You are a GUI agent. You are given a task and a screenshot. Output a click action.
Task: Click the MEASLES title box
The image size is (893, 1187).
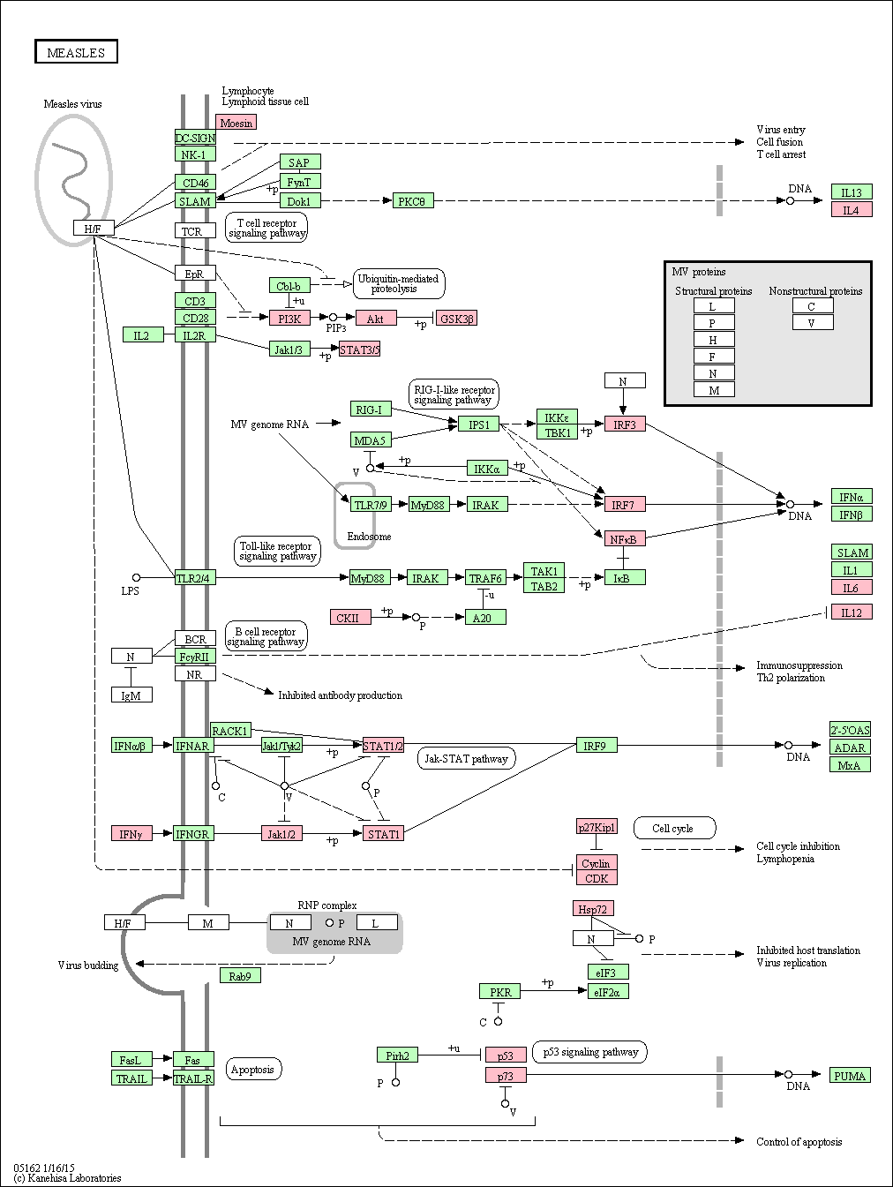pos(76,51)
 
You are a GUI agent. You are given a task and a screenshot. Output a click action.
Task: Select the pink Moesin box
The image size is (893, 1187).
pos(236,122)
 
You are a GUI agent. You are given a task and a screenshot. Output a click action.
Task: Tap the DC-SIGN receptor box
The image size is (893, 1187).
pos(195,138)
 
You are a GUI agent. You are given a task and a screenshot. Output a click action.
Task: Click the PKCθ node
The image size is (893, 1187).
pos(413,200)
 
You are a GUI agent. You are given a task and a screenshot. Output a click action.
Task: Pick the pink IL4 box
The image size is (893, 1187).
pos(852,209)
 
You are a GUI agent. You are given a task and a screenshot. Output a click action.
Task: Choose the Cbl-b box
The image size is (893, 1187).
pos(289,285)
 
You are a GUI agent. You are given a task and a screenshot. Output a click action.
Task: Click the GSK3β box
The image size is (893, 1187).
pos(456,318)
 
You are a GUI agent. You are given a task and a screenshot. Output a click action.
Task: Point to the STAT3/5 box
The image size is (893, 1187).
pos(359,349)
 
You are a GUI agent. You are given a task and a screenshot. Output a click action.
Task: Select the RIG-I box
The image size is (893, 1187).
pos(371,409)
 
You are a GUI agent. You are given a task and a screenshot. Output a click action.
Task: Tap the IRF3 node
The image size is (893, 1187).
pos(625,424)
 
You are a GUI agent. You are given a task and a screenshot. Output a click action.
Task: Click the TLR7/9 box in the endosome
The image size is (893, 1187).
pos(371,505)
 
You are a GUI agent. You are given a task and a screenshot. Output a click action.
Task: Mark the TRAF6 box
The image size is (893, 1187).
pos(485,577)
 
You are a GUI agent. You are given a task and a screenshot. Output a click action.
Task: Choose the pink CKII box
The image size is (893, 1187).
pos(350,617)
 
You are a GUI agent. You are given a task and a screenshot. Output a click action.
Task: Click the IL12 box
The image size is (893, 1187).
pos(852,612)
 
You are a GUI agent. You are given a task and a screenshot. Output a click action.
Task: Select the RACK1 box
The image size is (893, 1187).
pos(231,730)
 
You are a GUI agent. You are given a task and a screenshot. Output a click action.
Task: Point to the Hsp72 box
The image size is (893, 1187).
pos(593,908)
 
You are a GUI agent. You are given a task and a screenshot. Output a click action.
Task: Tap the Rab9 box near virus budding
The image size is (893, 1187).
pos(240,975)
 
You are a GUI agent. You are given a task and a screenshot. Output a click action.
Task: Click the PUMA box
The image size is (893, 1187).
pos(851,1076)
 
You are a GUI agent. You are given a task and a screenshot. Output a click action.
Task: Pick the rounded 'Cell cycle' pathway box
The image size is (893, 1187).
pos(674,828)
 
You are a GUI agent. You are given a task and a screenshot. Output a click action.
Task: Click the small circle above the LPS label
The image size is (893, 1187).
pos(136,577)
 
